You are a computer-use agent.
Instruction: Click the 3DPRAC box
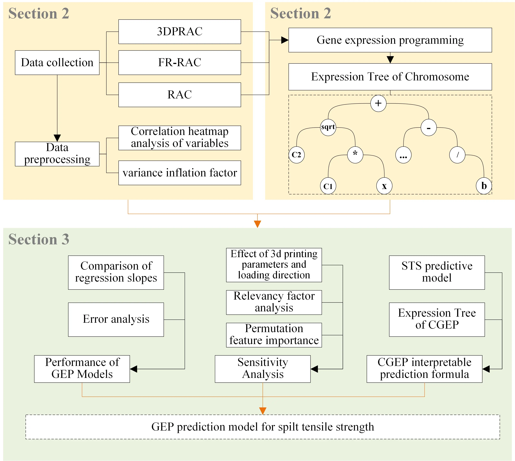tap(180, 32)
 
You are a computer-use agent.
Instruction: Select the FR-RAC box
tap(180, 63)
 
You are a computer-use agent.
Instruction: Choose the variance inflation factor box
tap(180, 173)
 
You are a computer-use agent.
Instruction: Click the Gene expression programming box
tap(390, 40)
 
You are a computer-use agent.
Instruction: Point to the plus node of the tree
tap(378, 103)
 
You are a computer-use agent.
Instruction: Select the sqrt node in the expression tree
tap(328, 127)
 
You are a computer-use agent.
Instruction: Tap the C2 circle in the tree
tap(297, 155)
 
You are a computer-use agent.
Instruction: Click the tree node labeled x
tap(384, 186)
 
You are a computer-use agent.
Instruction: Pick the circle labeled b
tap(484, 186)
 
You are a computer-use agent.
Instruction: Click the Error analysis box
tap(116, 319)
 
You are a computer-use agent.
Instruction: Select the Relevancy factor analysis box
tap(274, 302)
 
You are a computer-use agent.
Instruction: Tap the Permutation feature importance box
tap(274, 335)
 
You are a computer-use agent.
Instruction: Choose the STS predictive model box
tap(437, 272)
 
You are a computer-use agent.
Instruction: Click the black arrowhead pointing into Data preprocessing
tap(57, 138)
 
